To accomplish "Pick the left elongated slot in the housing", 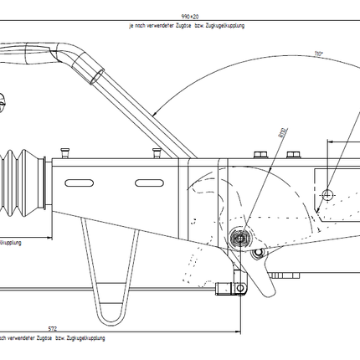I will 77,182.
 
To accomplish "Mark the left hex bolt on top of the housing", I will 262,155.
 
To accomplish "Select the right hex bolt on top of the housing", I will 292,155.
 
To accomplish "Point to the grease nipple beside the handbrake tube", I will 157,153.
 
